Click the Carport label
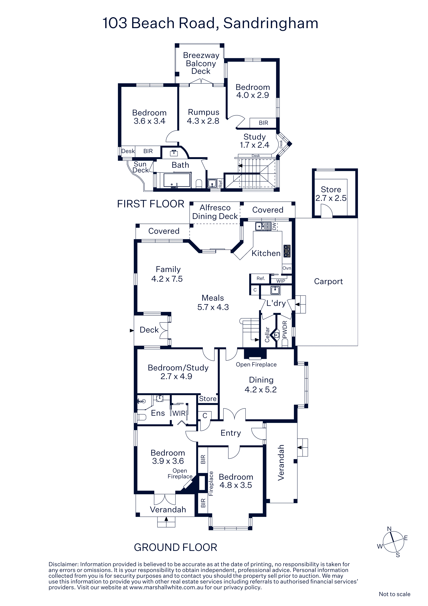[328, 282]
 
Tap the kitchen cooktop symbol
[287, 251]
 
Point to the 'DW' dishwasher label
[274, 226]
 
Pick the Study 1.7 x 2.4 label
[255, 141]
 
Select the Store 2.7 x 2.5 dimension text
[331, 198]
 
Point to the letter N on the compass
[389, 529]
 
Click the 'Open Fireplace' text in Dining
[256, 364]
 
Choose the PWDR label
[285, 329]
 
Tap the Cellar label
[267, 334]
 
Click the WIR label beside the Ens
[179, 413]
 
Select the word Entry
[231, 433]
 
